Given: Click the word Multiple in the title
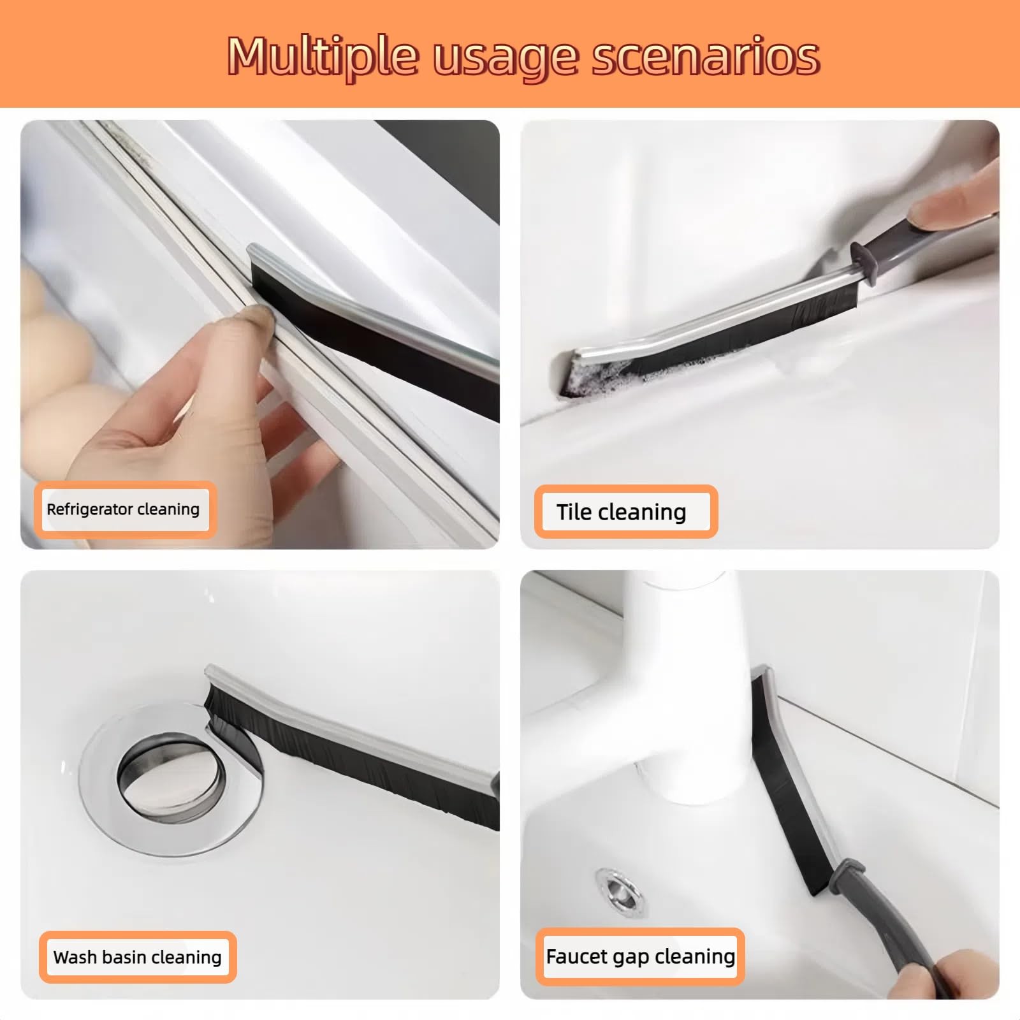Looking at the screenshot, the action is (324, 57).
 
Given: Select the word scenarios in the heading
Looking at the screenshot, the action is (706, 57).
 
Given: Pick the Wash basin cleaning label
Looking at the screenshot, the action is (138, 957).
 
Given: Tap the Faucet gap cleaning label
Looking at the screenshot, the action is (640, 956).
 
